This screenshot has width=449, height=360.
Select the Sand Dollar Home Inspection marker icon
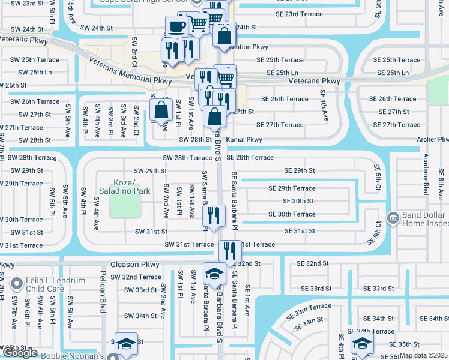(393, 216)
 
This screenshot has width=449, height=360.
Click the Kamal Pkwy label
(244, 140)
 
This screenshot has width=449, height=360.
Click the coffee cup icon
(178, 26)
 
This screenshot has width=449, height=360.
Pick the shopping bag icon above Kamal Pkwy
(215, 116)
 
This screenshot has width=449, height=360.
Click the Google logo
(20, 353)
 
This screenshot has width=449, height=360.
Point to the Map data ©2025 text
(424, 355)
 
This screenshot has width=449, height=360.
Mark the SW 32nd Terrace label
(134, 277)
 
